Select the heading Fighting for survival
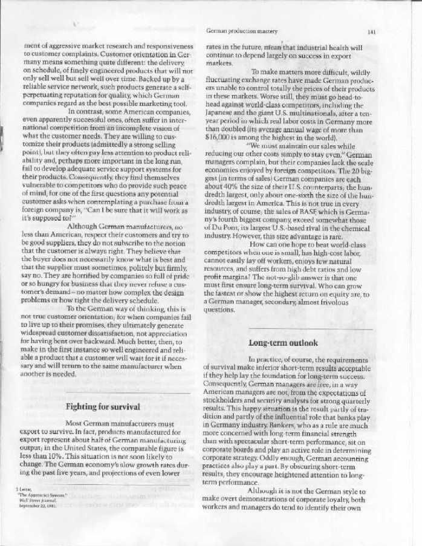(x=103, y=406)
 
